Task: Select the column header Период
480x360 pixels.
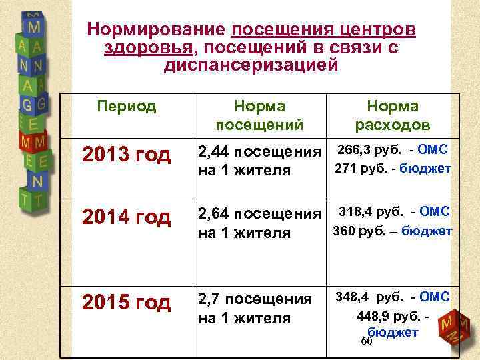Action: pyautogui.click(x=126, y=106)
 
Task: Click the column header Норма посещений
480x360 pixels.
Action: pyautogui.click(x=259, y=115)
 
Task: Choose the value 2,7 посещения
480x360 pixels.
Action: pyautogui.click(x=255, y=299)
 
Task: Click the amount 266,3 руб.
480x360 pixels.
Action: pyautogui.click(x=363, y=149)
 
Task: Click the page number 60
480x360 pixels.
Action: pyautogui.click(x=366, y=341)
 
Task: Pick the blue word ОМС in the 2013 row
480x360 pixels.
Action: pyautogui.click(x=435, y=149)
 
